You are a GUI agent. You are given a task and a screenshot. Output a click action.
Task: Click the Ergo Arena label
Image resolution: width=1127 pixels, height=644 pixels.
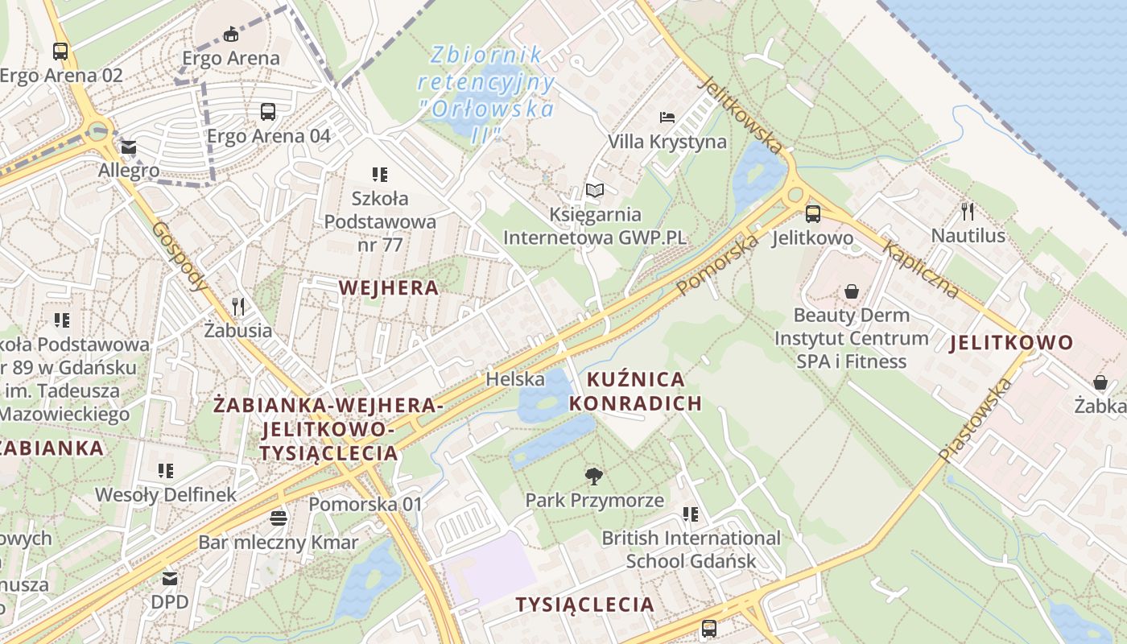click(x=231, y=58)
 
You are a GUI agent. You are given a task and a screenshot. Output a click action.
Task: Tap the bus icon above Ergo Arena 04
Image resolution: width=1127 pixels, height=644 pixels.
click(x=268, y=112)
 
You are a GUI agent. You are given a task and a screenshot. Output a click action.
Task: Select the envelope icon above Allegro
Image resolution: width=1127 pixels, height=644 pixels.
click(x=129, y=148)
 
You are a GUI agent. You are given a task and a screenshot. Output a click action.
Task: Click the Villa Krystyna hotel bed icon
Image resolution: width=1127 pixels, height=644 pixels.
click(x=667, y=118)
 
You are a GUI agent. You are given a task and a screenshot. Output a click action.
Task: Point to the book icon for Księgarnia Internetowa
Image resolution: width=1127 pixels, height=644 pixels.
click(x=595, y=190)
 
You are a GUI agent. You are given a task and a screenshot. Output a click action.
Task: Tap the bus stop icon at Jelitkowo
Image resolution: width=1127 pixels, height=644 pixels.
click(x=813, y=214)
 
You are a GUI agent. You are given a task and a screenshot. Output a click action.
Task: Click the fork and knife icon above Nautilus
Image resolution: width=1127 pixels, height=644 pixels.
click(x=968, y=212)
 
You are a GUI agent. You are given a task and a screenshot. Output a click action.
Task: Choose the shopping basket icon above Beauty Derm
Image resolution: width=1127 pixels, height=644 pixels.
click(x=852, y=291)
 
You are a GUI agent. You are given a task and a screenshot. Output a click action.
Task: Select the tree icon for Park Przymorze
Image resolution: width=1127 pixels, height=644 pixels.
click(x=594, y=477)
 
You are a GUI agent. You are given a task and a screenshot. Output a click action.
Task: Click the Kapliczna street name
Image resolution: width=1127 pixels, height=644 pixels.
click(x=921, y=269)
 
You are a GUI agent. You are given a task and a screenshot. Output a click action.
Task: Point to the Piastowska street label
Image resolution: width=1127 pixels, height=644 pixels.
click(x=975, y=420)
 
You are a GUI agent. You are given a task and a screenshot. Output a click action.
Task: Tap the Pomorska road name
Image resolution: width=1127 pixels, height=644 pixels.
click(x=718, y=264)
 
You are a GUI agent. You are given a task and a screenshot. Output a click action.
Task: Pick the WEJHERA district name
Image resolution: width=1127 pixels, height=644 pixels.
click(x=389, y=287)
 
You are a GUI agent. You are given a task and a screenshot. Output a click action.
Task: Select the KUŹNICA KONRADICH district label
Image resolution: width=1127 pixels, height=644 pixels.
click(x=636, y=390)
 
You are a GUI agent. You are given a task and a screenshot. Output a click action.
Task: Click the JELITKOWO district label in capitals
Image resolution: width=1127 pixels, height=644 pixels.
click(x=1012, y=343)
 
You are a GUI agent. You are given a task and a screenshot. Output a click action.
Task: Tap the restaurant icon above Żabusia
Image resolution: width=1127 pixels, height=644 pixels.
click(x=237, y=307)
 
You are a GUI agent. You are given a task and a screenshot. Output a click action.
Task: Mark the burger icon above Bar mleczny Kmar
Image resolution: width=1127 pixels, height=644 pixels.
click(x=279, y=518)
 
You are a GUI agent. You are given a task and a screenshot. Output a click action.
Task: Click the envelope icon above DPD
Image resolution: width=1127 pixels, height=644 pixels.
click(x=170, y=578)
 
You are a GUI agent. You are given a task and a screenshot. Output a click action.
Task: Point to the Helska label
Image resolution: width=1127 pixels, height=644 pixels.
click(x=505, y=378)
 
